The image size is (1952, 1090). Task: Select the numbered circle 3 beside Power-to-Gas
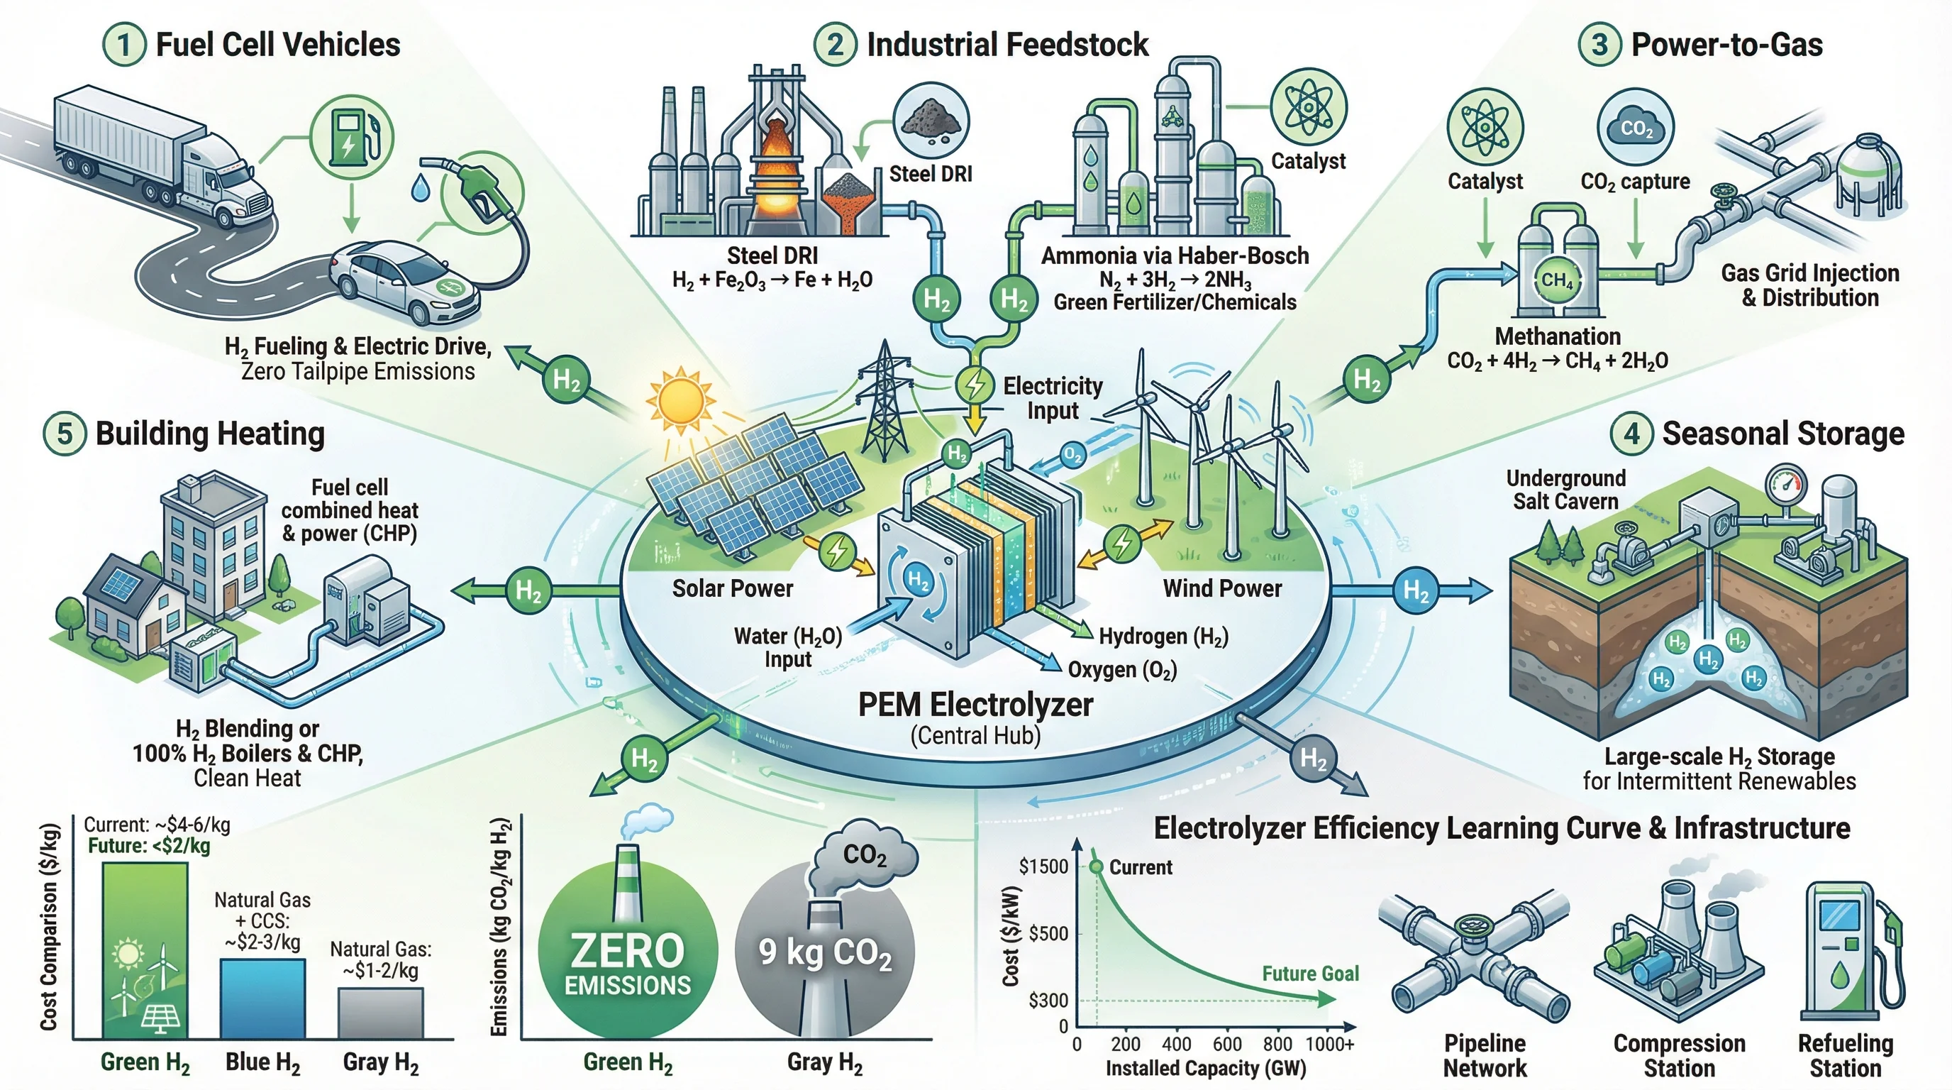1599,45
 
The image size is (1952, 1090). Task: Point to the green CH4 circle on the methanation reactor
1557,280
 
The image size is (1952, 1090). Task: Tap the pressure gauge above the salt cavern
1785,482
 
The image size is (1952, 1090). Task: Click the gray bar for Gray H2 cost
380,1013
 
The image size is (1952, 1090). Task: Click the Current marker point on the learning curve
1096,866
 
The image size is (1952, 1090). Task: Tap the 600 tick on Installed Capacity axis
1227,1044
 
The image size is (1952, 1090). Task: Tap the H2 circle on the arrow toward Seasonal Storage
1415,590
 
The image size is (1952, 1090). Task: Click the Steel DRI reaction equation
772,280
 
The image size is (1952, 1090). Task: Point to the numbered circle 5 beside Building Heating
65,434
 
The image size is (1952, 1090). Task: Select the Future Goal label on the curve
1310,974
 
